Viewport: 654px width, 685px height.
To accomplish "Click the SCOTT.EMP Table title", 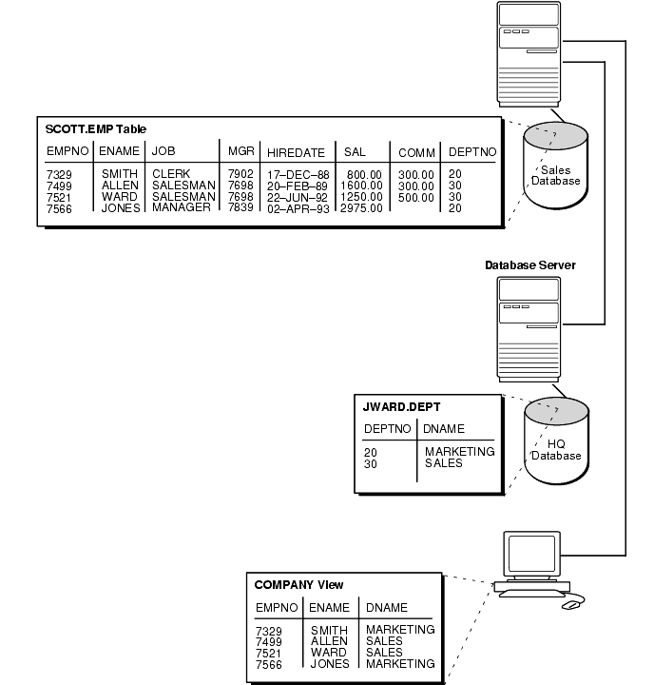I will (96, 128).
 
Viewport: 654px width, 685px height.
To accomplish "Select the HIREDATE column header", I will (296, 152).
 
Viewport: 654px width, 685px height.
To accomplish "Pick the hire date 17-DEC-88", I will (298, 175).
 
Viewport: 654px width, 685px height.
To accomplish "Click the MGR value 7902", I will (240, 174).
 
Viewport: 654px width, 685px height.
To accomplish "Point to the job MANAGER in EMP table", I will (182, 207).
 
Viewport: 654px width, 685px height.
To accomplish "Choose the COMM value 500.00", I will (415, 197).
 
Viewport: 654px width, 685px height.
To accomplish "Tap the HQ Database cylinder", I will (555, 443).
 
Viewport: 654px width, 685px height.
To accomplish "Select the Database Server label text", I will (530, 265).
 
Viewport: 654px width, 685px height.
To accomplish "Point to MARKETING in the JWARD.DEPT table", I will (460, 452).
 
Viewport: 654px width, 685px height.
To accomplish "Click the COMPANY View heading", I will (298, 584).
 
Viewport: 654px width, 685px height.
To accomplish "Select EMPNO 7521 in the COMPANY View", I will (269, 653).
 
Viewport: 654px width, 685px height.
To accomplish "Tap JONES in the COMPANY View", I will (329, 664).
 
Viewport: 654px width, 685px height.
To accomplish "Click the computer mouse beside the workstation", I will (571, 604).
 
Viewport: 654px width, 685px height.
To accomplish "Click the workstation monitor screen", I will (529, 554).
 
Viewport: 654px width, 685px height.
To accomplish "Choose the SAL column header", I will (355, 152).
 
